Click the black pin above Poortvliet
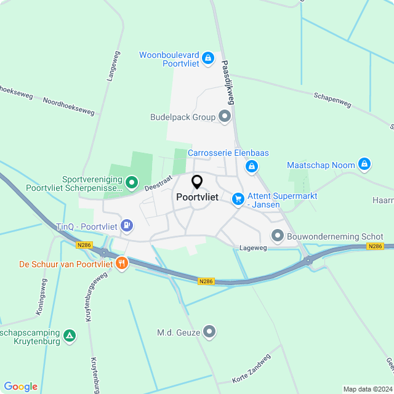(x=197, y=182)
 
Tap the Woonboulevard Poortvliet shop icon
(x=208, y=58)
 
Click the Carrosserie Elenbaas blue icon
(x=251, y=166)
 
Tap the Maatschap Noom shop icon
(x=364, y=164)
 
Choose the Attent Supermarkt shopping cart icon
(x=238, y=199)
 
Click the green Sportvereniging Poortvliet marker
(x=131, y=182)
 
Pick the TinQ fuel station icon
(x=127, y=226)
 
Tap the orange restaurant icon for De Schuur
(x=121, y=263)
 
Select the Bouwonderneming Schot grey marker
(x=278, y=236)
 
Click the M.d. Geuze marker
(x=210, y=332)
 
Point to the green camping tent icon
(x=71, y=336)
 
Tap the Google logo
(x=20, y=386)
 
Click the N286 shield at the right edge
(x=375, y=246)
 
